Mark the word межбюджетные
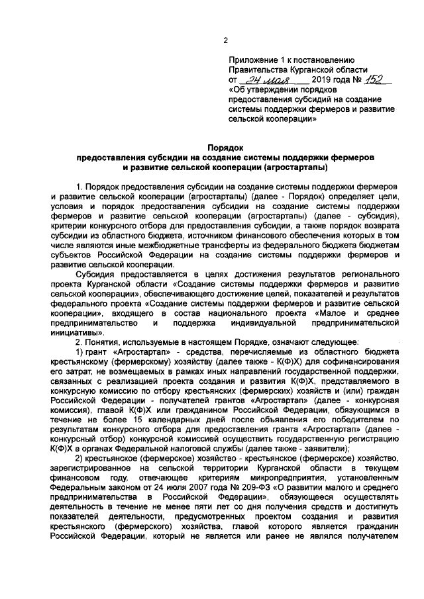tap(138, 244)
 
